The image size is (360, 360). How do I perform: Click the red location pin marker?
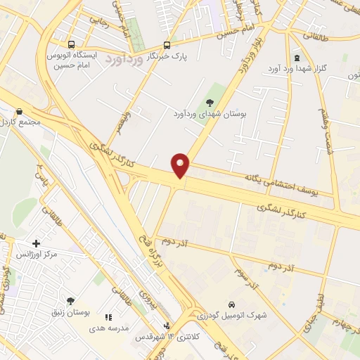(x=181, y=165)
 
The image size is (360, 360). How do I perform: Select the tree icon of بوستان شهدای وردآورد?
(x=212, y=102)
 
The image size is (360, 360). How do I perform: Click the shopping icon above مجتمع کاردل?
(x=19, y=111)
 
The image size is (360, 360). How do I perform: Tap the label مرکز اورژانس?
(x=45, y=253)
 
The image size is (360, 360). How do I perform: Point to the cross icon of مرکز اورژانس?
(x=36, y=243)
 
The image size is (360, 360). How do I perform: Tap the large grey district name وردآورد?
(x=125, y=60)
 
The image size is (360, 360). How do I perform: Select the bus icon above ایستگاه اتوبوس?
(x=70, y=44)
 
